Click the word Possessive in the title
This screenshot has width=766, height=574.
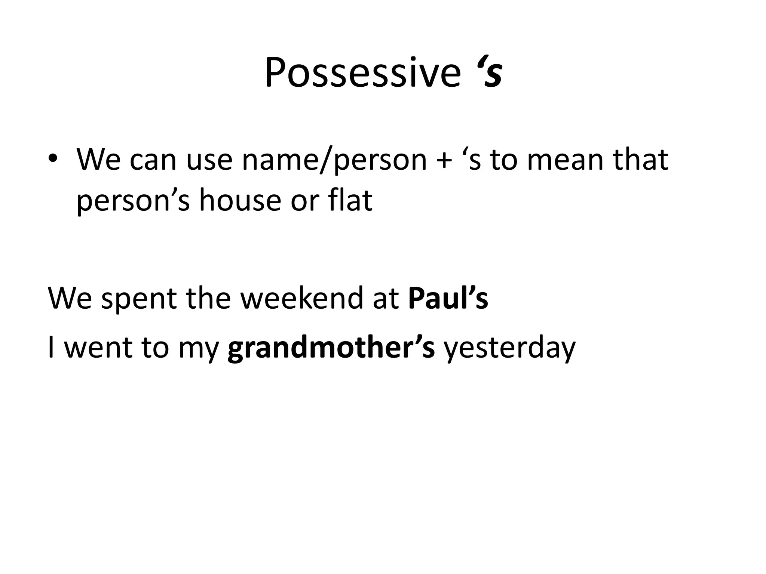(x=362, y=73)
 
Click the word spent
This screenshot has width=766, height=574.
(x=139, y=299)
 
